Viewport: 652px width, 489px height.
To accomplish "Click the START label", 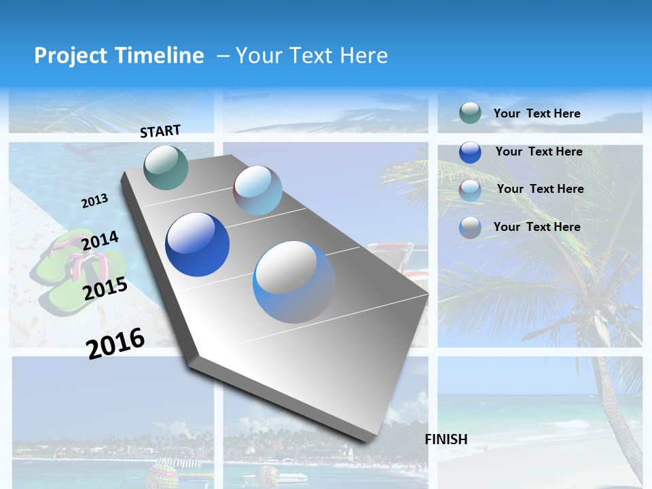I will coord(160,131).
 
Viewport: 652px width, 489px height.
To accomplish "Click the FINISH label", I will coord(446,439).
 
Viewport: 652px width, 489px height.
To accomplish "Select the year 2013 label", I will coord(95,201).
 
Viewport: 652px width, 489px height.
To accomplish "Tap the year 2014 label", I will coord(100,241).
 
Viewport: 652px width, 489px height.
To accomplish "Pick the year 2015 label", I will coord(105,289).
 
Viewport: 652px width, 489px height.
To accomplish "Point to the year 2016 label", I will coord(115,343).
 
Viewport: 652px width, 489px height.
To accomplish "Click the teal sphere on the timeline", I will coord(166,167).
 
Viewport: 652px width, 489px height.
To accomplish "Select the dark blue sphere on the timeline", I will coord(197,244).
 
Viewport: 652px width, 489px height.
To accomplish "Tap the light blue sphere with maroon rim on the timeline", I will coord(257,190).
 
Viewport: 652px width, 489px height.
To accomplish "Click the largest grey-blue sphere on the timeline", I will coord(294,282).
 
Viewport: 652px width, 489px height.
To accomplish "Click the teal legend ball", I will coord(470,113).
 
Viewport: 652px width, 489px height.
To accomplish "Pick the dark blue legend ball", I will coord(470,152).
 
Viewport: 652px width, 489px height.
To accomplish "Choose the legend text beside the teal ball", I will coord(537,113).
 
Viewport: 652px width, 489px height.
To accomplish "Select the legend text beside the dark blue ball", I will coord(539,151).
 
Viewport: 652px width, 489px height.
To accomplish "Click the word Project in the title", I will coord(71,56).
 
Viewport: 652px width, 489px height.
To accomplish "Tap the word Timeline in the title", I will coord(160,56).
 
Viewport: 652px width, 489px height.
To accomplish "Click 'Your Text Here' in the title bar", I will coord(311,56).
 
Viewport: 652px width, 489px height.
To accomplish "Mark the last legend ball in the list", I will coord(470,228).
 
